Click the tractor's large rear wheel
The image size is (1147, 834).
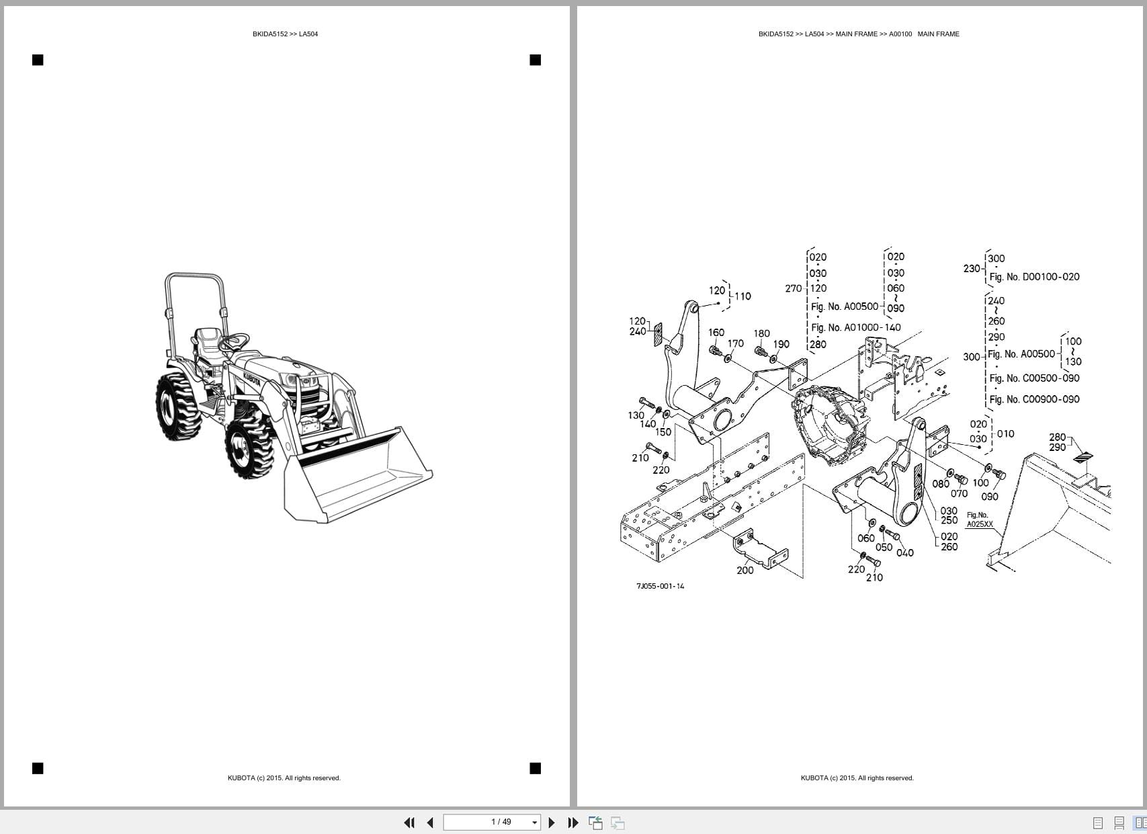pyautogui.click(x=177, y=407)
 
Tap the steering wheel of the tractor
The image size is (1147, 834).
pyautogui.click(x=233, y=341)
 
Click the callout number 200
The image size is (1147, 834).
pyautogui.click(x=745, y=571)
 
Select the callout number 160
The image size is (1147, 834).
pyautogui.click(x=716, y=333)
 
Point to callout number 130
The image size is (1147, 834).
pyautogui.click(x=636, y=415)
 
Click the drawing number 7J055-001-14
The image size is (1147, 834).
pyautogui.click(x=660, y=586)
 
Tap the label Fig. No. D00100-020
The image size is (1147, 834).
pyautogui.click(x=1034, y=277)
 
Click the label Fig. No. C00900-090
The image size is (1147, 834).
pyautogui.click(x=1034, y=399)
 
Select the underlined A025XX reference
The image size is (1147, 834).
pyautogui.click(x=979, y=524)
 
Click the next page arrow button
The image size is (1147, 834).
pyautogui.click(x=552, y=823)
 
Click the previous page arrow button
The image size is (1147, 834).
pyautogui.click(x=430, y=823)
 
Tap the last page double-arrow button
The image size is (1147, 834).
pyautogui.click(x=573, y=823)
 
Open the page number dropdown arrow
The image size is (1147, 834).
pyautogui.click(x=535, y=823)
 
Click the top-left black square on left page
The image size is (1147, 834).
pyautogui.click(x=38, y=60)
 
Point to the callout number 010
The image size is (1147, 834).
pyautogui.click(x=1005, y=434)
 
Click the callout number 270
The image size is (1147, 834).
pyautogui.click(x=793, y=288)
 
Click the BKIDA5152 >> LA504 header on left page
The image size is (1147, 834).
pyautogui.click(x=285, y=34)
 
